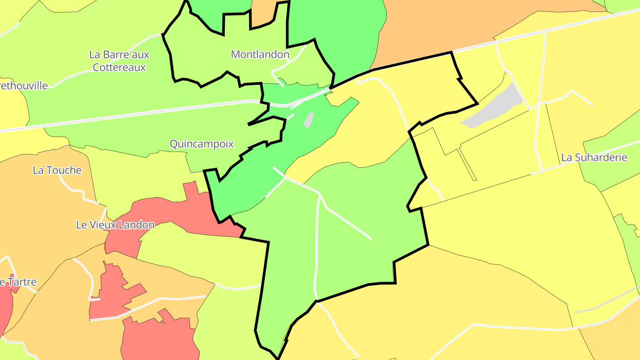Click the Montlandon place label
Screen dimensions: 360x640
point(260,55)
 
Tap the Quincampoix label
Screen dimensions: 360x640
point(202,144)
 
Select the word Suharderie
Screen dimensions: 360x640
point(600,158)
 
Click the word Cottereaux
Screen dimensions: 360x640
point(119,68)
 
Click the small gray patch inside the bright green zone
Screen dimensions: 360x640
point(309,120)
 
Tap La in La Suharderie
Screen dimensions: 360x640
point(567,158)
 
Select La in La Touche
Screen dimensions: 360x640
point(38,170)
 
